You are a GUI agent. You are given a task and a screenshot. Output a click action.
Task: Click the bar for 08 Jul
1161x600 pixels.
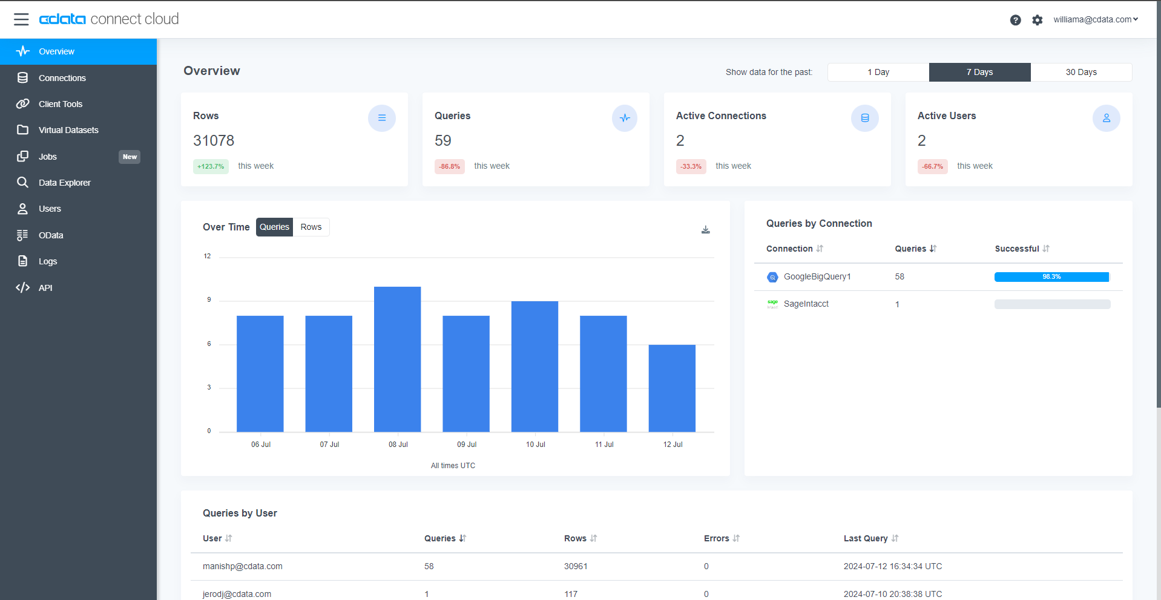(x=397, y=359)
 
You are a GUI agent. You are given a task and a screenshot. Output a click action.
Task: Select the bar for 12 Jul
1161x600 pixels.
(x=672, y=388)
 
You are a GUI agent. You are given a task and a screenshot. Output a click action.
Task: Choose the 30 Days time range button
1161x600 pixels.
(x=1081, y=72)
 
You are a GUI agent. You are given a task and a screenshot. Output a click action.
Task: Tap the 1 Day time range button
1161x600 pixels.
(x=878, y=72)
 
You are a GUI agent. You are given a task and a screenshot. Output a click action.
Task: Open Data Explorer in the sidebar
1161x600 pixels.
(x=65, y=183)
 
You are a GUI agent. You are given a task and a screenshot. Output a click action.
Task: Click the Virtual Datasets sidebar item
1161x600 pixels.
(x=68, y=130)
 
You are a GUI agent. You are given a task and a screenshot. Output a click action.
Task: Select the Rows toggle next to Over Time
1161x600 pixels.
(x=311, y=227)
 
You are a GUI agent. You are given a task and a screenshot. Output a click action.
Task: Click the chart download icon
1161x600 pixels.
(x=706, y=230)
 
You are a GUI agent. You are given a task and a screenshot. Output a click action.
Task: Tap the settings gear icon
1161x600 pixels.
(x=1038, y=20)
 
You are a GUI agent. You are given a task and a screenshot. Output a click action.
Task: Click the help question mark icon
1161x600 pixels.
(x=1016, y=20)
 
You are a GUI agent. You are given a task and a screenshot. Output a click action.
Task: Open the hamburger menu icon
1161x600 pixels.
(x=21, y=19)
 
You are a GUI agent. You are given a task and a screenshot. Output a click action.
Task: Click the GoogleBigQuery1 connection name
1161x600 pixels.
(x=817, y=276)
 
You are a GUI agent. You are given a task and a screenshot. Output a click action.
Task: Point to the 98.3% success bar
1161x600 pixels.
(x=1051, y=277)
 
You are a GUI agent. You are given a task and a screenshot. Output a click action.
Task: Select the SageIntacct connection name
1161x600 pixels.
(x=806, y=304)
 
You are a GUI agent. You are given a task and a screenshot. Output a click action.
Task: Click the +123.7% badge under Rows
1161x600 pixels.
(x=211, y=166)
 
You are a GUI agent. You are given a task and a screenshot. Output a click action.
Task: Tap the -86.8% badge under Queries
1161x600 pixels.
(x=450, y=166)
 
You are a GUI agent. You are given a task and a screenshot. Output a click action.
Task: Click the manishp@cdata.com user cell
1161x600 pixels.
(x=243, y=566)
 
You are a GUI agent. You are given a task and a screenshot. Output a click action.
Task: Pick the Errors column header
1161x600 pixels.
(x=717, y=538)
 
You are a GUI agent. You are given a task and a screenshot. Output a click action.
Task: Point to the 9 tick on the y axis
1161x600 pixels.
(x=209, y=299)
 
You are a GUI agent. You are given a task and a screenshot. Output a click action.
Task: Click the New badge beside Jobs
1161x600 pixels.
(x=130, y=157)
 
